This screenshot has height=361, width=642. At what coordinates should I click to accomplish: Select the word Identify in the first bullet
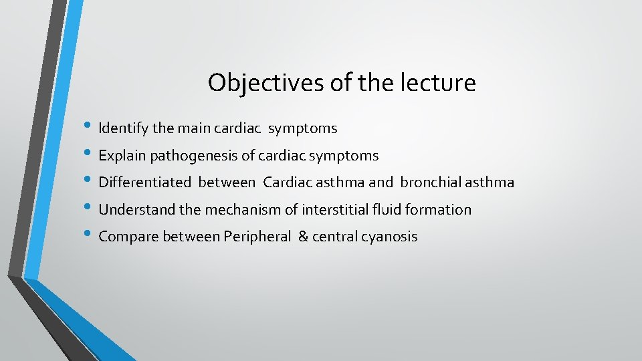click(122, 128)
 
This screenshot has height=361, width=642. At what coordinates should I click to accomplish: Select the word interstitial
click(334, 210)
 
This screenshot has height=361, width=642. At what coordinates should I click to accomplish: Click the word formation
click(439, 210)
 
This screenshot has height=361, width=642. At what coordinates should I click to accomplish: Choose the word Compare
click(126, 237)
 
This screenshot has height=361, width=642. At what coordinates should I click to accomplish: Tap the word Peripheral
click(257, 237)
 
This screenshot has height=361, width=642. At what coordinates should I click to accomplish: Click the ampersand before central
click(303, 237)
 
